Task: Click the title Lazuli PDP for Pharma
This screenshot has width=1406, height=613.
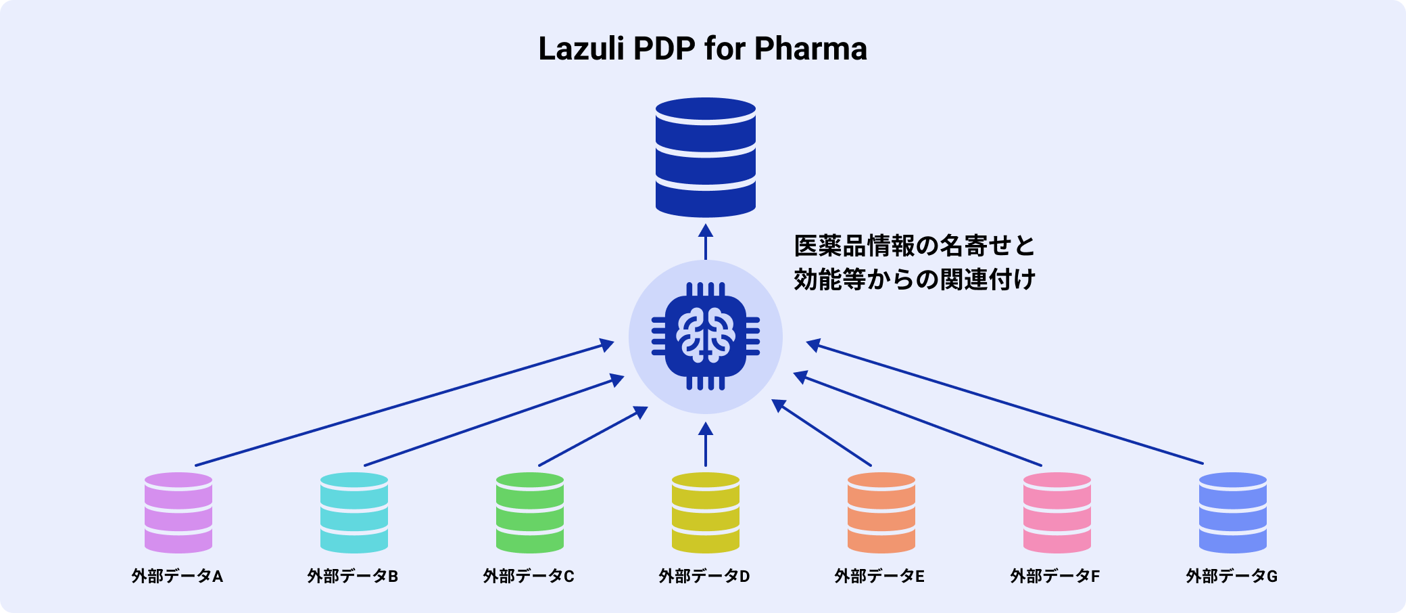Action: coord(702,49)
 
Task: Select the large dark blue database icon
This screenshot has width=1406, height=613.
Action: coord(705,157)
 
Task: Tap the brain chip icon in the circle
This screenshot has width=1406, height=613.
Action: coord(705,336)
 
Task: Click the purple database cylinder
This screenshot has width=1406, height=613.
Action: coord(178,512)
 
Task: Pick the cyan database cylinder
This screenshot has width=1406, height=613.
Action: coord(354,512)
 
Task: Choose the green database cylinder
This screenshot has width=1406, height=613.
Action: coord(530,512)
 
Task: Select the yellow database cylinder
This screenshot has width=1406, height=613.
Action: coord(706,512)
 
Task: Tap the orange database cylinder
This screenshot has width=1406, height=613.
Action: coord(881,512)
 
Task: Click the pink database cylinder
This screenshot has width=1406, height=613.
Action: coord(1057,512)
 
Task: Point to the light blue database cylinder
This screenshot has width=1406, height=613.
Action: coord(1233,512)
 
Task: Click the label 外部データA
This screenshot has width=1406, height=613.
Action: coord(177,576)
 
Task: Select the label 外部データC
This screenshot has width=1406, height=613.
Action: coord(529,576)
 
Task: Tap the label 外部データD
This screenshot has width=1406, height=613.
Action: coord(704,576)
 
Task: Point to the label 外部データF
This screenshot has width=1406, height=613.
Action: coord(1055,576)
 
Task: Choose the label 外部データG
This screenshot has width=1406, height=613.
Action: coord(1232,576)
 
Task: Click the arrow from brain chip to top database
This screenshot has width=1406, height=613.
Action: coord(706,242)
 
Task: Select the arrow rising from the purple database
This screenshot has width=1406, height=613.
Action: coord(404,405)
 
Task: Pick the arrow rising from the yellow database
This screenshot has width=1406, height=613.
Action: coord(706,445)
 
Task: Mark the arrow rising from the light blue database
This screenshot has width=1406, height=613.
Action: coord(1004,404)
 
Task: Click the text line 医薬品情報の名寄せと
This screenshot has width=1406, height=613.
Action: coord(915,246)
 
